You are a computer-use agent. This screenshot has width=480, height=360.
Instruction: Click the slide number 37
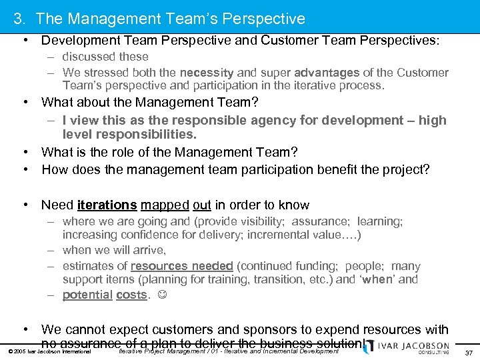point(469,352)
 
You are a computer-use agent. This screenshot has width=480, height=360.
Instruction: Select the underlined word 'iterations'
point(107,205)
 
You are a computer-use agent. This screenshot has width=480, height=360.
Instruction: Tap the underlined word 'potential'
point(87,295)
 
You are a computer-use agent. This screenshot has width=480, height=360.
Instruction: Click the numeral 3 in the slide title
point(18,19)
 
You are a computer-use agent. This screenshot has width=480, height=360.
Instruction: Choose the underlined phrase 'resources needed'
point(181,265)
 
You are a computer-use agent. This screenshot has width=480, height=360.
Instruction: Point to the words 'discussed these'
point(105,57)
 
